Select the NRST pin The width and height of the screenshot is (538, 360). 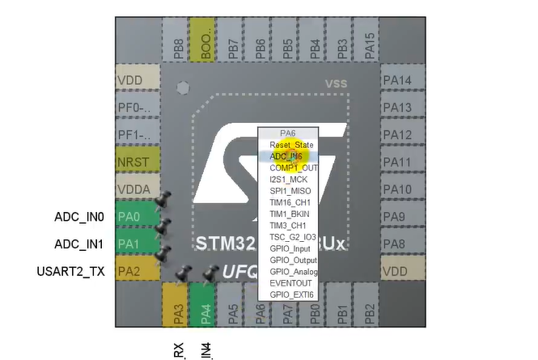[x=138, y=162]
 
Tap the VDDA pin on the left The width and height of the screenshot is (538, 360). [x=138, y=189]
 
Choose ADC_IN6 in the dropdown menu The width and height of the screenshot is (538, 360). [x=286, y=156]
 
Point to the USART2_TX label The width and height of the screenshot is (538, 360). [x=71, y=272]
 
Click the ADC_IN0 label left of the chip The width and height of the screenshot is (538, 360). [x=79, y=217]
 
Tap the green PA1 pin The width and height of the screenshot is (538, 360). [x=138, y=244]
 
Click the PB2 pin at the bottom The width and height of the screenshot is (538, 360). [x=370, y=308]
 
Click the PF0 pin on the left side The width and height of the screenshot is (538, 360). [x=138, y=107]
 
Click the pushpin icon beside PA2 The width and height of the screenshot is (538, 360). [x=164, y=254]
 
